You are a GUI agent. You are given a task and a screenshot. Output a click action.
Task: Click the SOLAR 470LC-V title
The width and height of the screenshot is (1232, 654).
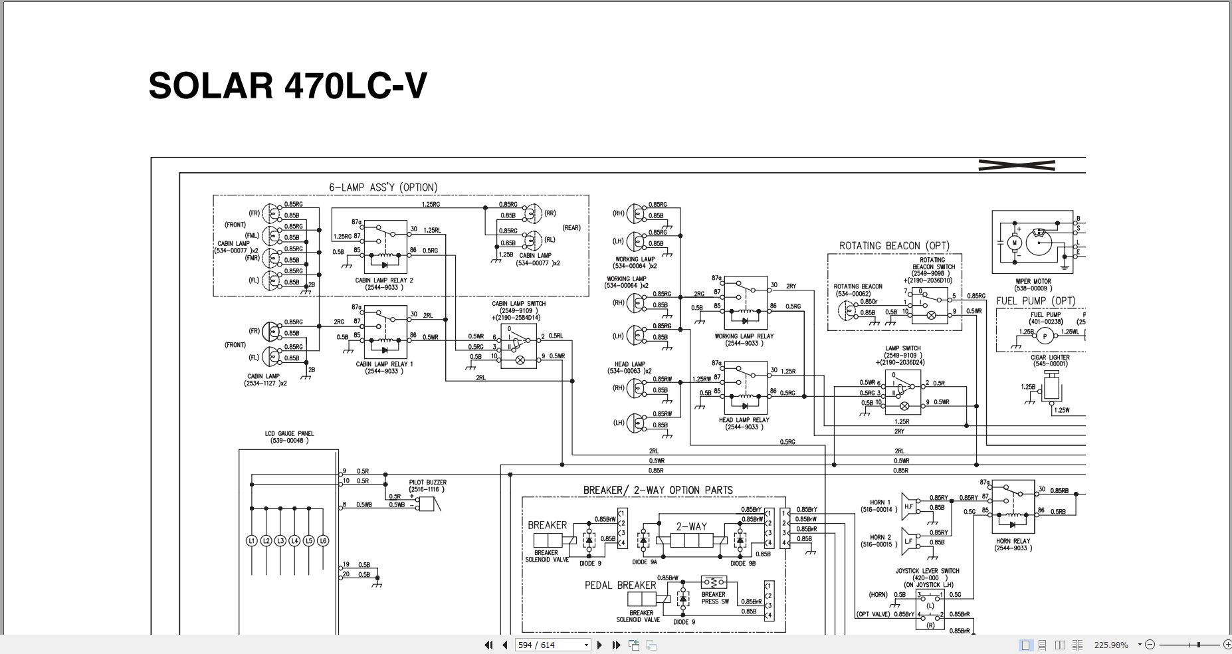[x=287, y=86]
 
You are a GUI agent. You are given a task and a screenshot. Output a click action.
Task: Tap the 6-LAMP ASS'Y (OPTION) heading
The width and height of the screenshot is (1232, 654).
[x=383, y=187]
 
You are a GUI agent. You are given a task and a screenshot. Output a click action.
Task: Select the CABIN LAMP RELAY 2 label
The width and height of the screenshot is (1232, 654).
[x=384, y=280]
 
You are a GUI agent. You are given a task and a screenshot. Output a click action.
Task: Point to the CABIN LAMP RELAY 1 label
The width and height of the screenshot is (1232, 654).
[x=385, y=364]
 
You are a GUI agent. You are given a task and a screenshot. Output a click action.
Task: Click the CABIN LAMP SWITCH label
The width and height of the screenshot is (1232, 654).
[x=518, y=304]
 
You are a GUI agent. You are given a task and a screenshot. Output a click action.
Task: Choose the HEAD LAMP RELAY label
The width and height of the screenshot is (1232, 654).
[x=744, y=420]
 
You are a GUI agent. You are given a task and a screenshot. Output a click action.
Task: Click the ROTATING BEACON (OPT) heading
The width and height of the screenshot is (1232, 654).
[x=894, y=246]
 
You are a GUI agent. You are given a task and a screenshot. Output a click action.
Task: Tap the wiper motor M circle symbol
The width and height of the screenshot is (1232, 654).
[x=1015, y=243]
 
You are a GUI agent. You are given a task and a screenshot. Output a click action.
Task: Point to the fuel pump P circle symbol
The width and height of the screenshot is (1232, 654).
[x=1045, y=336]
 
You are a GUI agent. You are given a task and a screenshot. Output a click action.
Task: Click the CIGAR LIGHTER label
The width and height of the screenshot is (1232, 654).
[x=1049, y=358]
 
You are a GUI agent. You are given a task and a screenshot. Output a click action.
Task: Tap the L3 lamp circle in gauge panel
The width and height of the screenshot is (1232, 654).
[x=280, y=541]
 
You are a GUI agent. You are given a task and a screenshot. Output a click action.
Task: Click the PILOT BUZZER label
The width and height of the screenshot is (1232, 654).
[x=427, y=483]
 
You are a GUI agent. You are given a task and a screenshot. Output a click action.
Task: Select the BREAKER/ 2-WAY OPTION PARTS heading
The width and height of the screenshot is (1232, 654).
[x=658, y=490]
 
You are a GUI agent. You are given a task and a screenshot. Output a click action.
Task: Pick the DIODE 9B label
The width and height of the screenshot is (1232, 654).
[x=743, y=563]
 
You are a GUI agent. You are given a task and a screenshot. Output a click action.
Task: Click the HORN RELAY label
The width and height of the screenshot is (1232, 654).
[x=1013, y=541]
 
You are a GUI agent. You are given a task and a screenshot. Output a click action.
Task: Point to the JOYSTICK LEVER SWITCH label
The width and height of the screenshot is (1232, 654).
[x=927, y=571]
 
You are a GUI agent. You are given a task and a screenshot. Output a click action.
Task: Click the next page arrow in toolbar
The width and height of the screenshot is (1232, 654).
[x=600, y=645]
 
